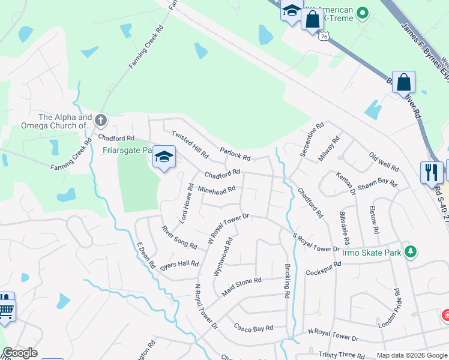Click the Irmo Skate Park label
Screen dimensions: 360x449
pyautogui.click(x=371, y=253)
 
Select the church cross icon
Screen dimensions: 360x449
pyautogui.click(x=100, y=121)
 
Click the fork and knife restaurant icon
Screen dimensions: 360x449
pyautogui.click(x=431, y=173)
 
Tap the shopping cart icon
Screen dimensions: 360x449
pyautogui.click(x=5, y=310)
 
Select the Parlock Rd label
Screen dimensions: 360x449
pyautogui.click(x=235, y=154)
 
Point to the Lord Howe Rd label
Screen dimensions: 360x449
pyautogui.click(x=186, y=204)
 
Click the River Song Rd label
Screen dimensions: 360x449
pyautogui.click(x=179, y=237)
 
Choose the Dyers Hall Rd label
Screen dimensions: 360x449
pyautogui.click(x=179, y=263)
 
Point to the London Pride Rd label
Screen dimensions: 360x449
pyautogui.click(x=389, y=308)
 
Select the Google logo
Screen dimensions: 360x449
pyautogui.click(x=20, y=353)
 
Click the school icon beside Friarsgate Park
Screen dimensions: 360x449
pyautogui.click(x=164, y=157)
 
